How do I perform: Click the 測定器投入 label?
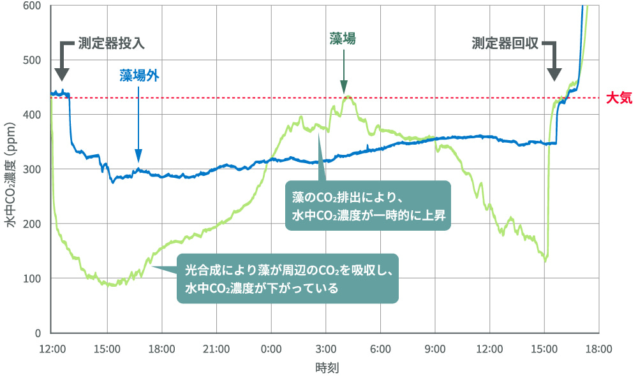pos(112,43)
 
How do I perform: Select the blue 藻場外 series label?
pos(138,75)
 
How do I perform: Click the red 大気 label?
pos(618,98)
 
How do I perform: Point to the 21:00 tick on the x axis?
pos(216,349)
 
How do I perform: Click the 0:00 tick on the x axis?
pos(271,349)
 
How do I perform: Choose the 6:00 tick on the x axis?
pos(380,349)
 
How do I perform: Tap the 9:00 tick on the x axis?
pos(435,349)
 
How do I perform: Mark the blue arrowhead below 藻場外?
pos(138,157)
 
